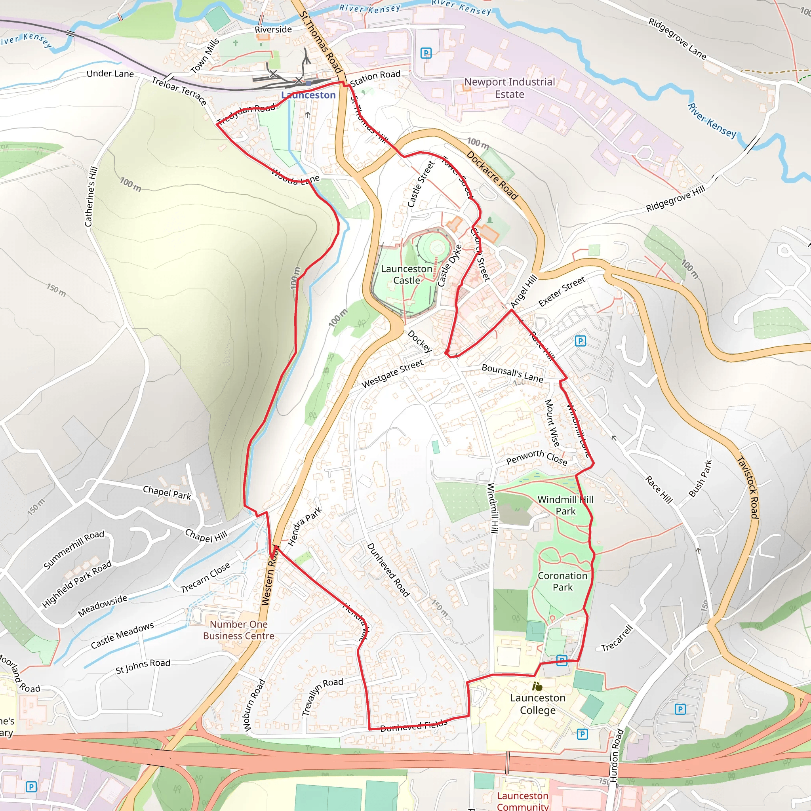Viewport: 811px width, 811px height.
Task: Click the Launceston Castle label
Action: click(x=406, y=274)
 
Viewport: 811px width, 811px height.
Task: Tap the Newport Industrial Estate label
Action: click(x=509, y=88)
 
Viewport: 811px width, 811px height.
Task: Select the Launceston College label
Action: click(x=537, y=704)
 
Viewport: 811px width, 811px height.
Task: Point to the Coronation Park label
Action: click(x=562, y=581)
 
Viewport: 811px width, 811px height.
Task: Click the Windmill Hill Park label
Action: click(x=565, y=505)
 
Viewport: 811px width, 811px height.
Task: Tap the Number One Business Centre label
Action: click(x=238, y=630)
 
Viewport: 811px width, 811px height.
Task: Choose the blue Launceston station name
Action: click(x=308, y=95)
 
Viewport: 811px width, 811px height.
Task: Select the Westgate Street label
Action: click(x=392, y=373)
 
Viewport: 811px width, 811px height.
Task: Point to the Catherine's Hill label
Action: click(x=91, y=196)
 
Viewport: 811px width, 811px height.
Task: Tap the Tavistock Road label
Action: click(x=748, y=487)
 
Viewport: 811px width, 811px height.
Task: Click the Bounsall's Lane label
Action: click(x=512, y=373)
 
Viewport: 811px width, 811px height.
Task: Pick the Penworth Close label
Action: click(x=537, y=457)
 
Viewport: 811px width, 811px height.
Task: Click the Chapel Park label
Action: click(x=167, y=492)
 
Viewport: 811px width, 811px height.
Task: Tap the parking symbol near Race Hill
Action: click(x=580, y=341)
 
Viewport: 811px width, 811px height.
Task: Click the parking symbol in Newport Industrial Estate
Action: click(x=426, y=53)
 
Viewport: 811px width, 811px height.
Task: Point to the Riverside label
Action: click(x=273, y=29)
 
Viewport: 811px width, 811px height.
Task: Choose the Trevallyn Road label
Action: click(x=322, y=697)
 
